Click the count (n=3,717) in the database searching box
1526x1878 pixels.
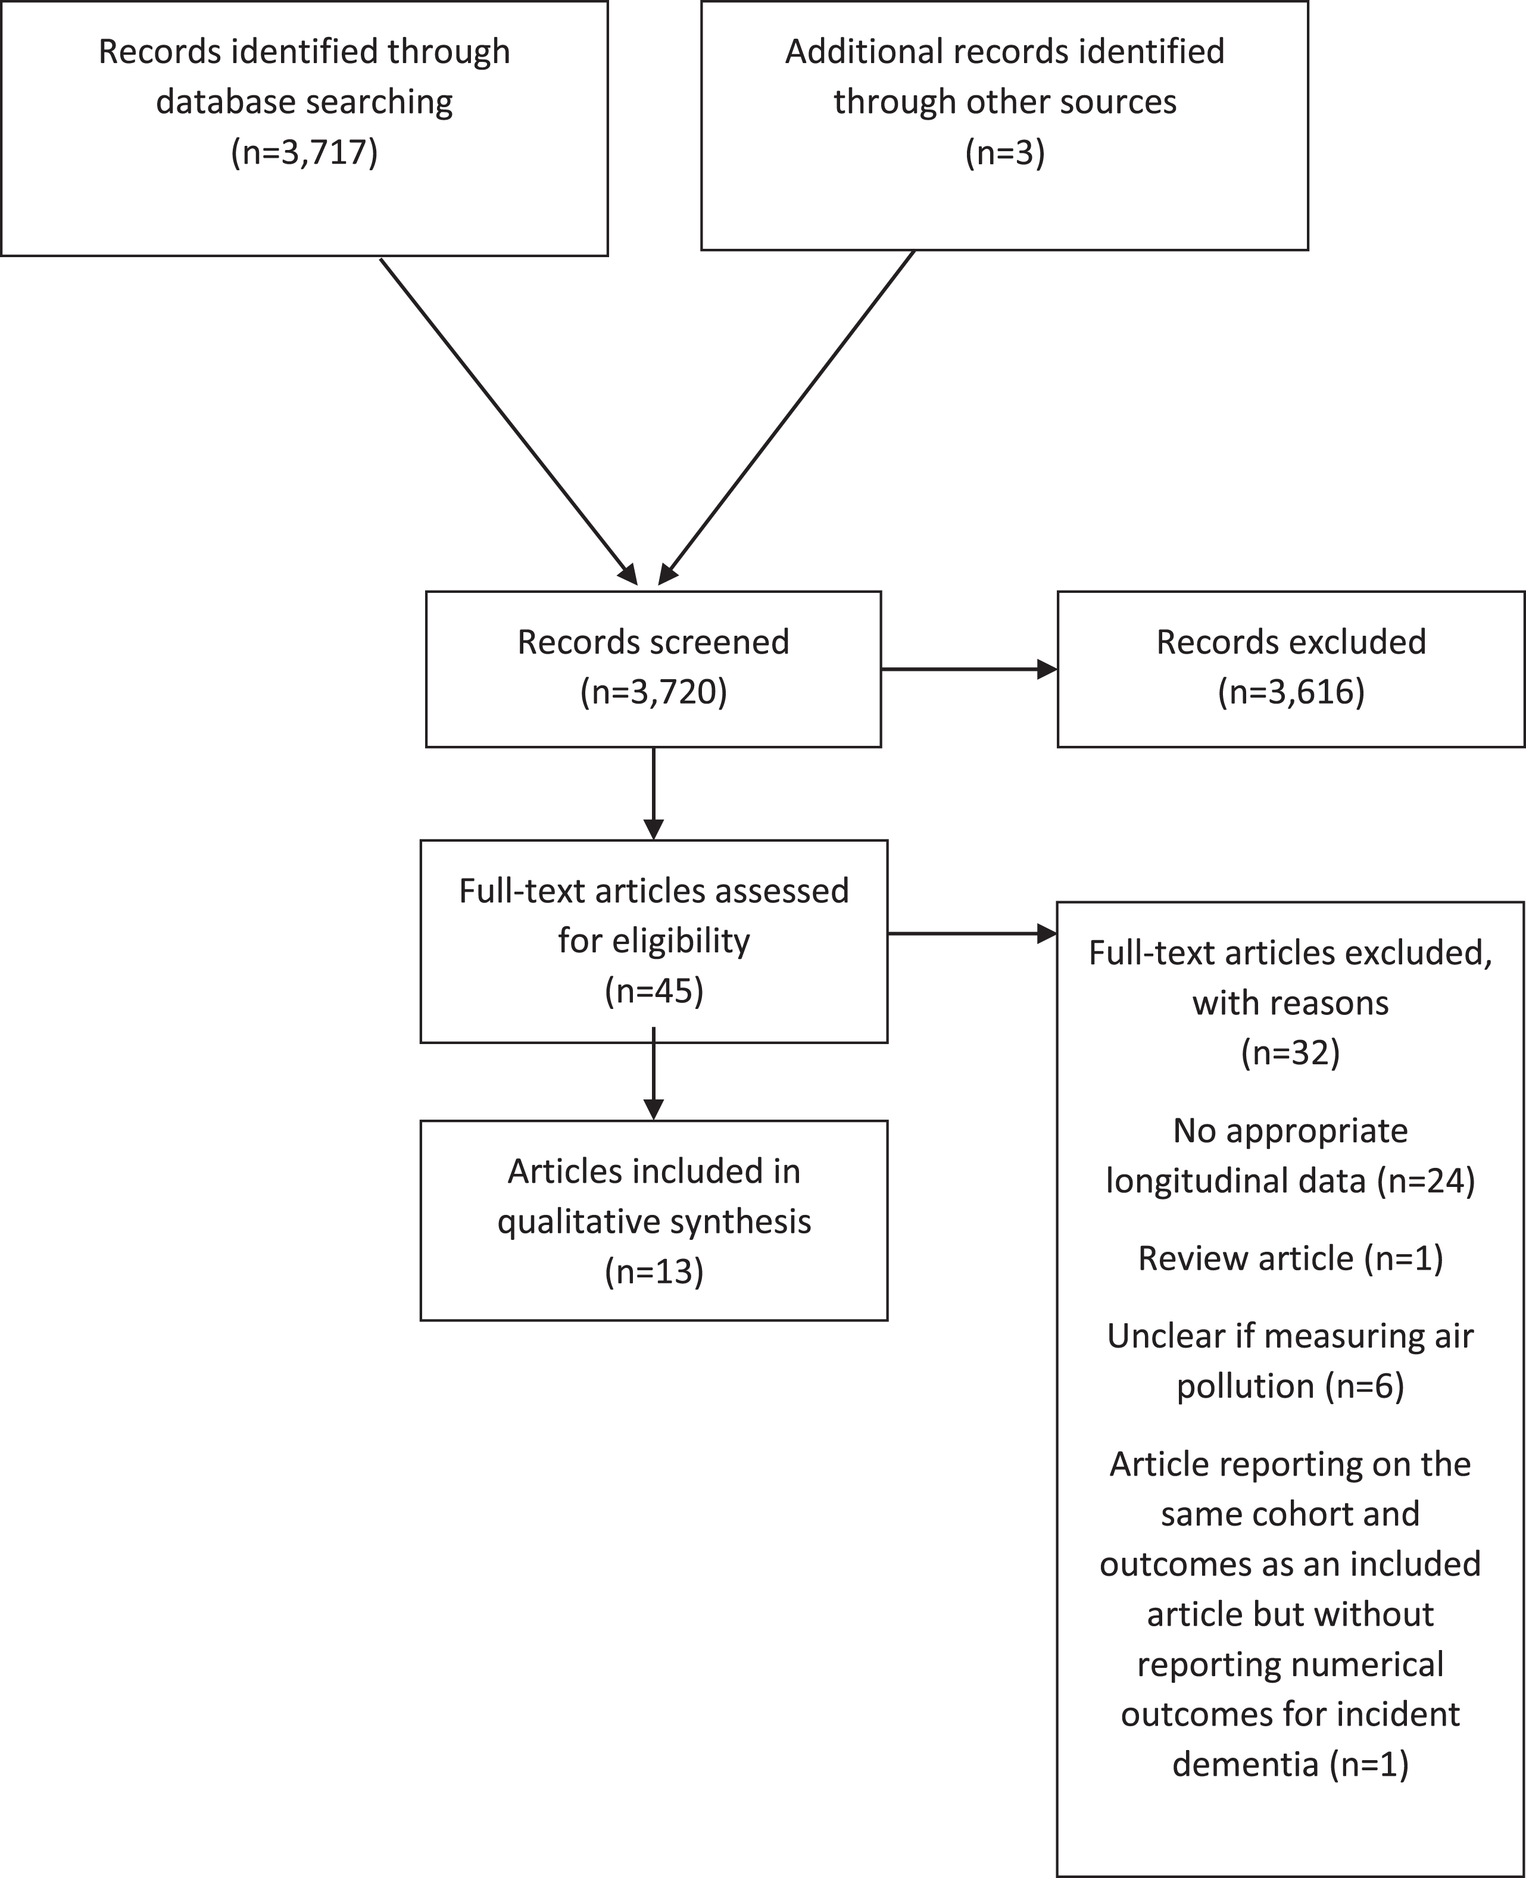tap(304, 153)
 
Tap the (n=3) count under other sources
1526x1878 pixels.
tap(1005, 153)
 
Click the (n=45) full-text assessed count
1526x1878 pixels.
tap(654, 991)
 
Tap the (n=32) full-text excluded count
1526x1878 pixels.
tap(1290, 1053)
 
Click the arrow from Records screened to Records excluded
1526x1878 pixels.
tap(969, 670)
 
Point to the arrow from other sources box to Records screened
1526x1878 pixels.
tap(787, 417)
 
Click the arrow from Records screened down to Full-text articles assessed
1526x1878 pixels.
tap(653, 793)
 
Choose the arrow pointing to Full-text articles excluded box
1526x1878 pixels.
tap(971, 933)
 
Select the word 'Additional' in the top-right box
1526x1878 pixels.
tap(865, 51)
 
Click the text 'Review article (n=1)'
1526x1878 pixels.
tap(1290, 1258)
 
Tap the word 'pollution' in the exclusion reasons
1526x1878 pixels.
tap(1246, 1387)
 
